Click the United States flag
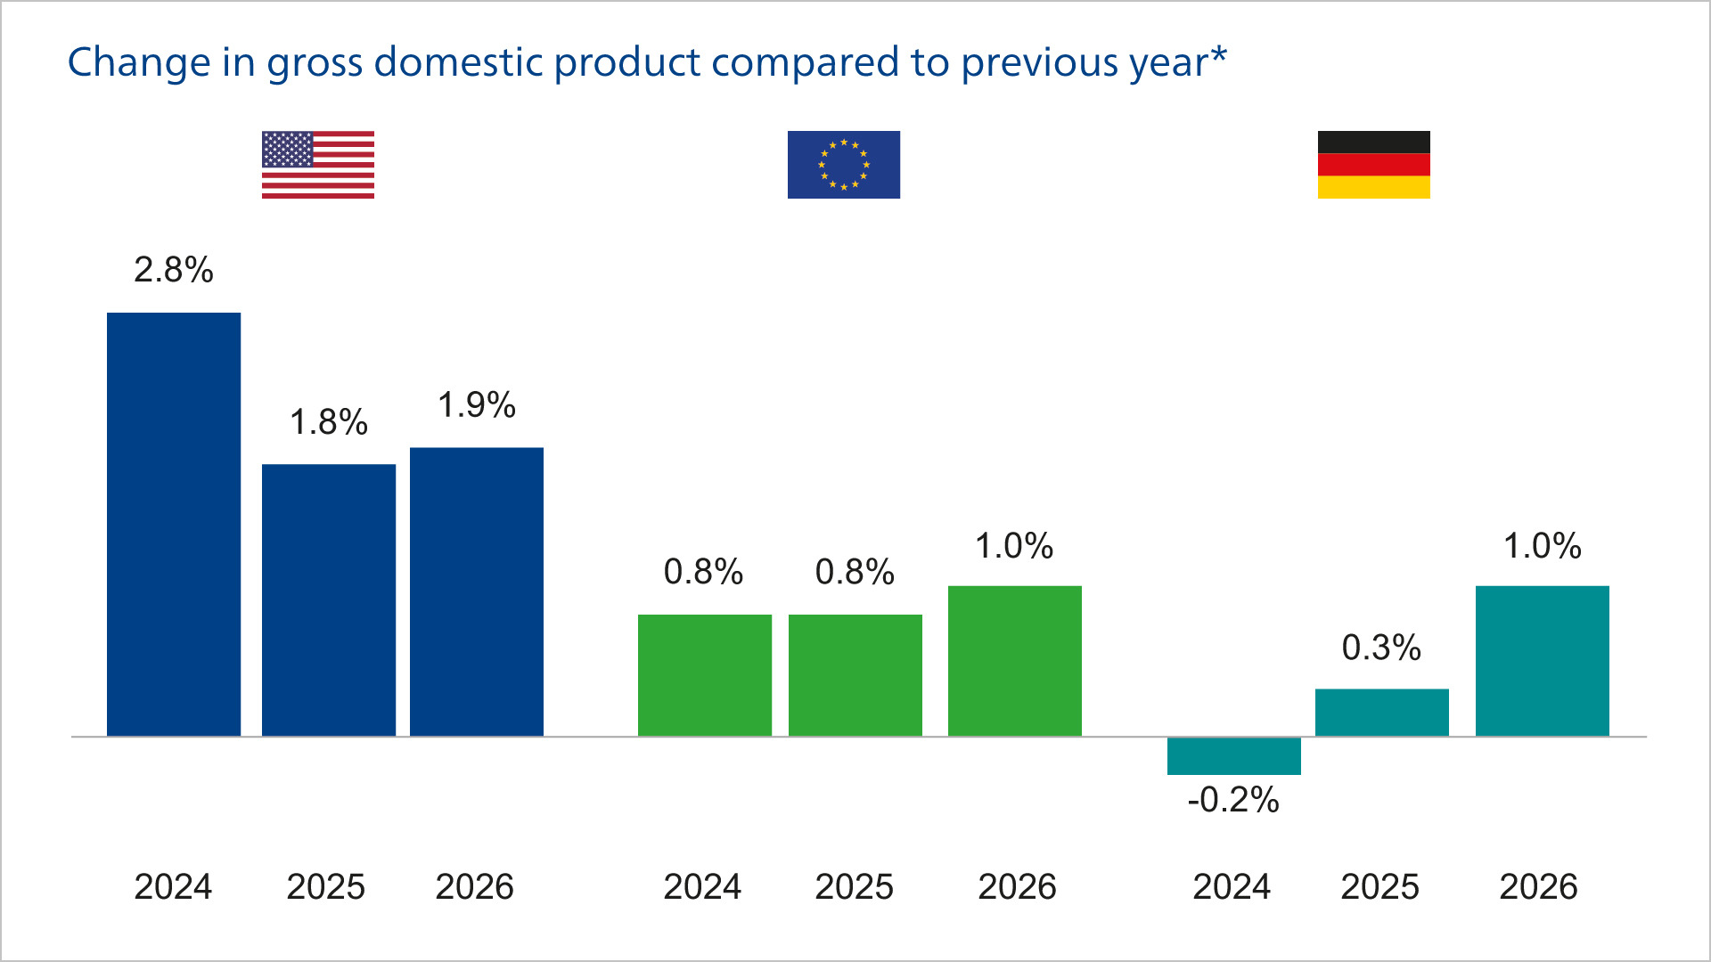[x=318, y=165]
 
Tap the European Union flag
[x=843, y=165]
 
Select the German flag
[x=1373, y=165]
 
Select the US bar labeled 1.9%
[x=477, y=591]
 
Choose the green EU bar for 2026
[x=1014, y=660]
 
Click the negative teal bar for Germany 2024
[x=1233, y=755]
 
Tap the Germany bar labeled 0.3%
[x=1381, y=712]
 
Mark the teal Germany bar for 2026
[x=1542, y=660]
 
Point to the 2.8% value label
[x=174, y=270]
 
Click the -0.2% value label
[x=1233, y=800]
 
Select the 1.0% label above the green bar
[x=1014, y=546]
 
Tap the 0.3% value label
[x=1381, y=648]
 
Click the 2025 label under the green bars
[x=854, y=886]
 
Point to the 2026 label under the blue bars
[x=474, y=886]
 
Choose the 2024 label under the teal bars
[x=1232, y=886]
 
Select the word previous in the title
[x=1039, y=62]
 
